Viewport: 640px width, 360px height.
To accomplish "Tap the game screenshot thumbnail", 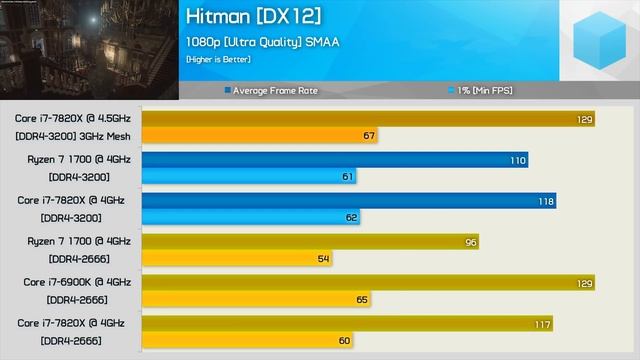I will [x=89, y=50].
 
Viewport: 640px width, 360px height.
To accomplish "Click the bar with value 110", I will [x=334, y=160].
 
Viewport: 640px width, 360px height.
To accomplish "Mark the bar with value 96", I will [x=310, y=242].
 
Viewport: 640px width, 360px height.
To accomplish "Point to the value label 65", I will [x=361, y=300].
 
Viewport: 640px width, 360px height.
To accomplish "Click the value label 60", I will [x=344, y=341].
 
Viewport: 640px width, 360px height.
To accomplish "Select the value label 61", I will [x=348, y=177].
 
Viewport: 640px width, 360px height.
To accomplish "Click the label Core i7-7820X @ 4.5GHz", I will [x=69, y=118].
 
